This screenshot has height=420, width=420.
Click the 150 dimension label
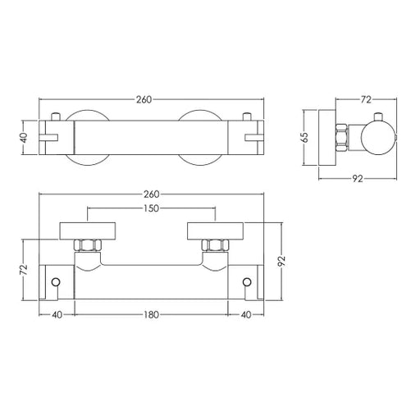151,208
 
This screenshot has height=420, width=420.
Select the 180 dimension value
151,315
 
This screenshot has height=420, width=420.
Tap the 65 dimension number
304,137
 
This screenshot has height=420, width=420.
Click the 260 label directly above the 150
151,194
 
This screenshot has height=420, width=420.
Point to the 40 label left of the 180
57,315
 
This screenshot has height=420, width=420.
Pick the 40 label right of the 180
246,315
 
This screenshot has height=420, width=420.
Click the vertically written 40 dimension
25,138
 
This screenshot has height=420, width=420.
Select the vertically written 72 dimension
25,270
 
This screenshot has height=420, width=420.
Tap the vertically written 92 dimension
281,261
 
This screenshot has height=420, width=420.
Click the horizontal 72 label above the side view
366,100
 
